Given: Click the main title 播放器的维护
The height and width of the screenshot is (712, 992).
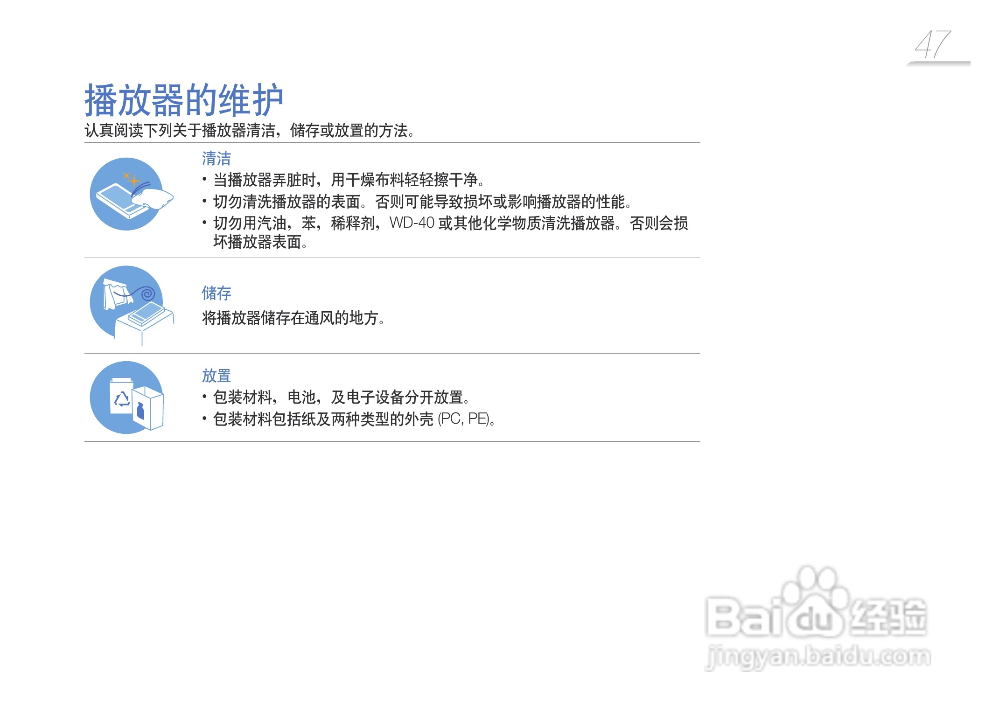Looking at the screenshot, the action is click(184, 100).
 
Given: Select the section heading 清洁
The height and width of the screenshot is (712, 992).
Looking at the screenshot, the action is click(216, 159).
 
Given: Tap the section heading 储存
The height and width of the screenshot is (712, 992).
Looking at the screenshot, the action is click(216, 293).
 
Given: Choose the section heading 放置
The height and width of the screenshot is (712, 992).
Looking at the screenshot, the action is click(216, 376).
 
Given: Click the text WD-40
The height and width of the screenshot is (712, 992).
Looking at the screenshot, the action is click(412, 223).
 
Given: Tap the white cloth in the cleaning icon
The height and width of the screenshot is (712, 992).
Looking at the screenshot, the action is click(153, 198).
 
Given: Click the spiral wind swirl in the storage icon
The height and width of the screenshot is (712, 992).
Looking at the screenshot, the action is click(147, 293).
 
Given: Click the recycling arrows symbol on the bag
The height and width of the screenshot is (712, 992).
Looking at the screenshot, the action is click(122, 399).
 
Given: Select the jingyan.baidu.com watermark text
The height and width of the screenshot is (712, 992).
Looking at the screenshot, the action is click(818, 656).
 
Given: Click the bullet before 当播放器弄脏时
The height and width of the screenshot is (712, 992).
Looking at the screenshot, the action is click(204, 179).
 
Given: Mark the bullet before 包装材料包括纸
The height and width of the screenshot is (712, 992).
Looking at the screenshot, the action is click(204, 418).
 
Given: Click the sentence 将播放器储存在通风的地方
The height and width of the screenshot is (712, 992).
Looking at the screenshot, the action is click(293, 318).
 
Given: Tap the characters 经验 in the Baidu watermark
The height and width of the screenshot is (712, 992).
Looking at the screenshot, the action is click(889, 616).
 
